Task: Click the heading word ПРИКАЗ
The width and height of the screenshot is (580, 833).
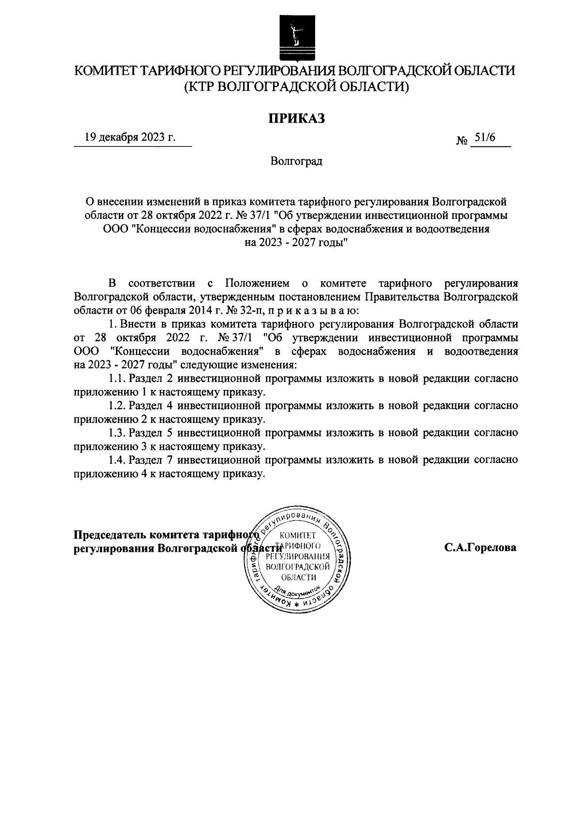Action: coord(296,118)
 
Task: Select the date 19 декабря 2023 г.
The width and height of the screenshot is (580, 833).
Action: coord(130,138)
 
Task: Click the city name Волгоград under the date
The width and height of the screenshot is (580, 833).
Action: coord(296,161)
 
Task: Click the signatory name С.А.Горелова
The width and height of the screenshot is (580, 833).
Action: coord(480,547)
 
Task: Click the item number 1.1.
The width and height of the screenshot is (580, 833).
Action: coord(118,378)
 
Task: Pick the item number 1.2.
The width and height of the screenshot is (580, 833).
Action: coord(118,405)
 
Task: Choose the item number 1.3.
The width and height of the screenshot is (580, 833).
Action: coord(118,432)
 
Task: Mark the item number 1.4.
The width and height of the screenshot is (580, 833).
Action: coord(118,460)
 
